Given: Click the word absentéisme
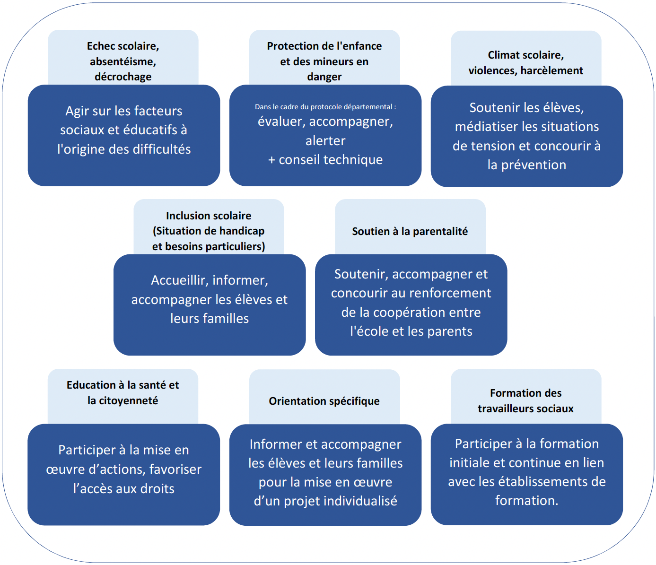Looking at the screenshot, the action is coord(122,61).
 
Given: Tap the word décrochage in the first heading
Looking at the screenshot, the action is coord(123,77).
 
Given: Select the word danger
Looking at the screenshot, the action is coord(324,77).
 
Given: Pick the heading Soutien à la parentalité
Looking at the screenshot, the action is coord(410,231).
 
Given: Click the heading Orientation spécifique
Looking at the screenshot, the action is coord(324,401).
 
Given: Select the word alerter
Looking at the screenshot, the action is coord(325,140).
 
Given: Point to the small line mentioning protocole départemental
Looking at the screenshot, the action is coord(325,107).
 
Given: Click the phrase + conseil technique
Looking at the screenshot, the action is coord(325,159).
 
